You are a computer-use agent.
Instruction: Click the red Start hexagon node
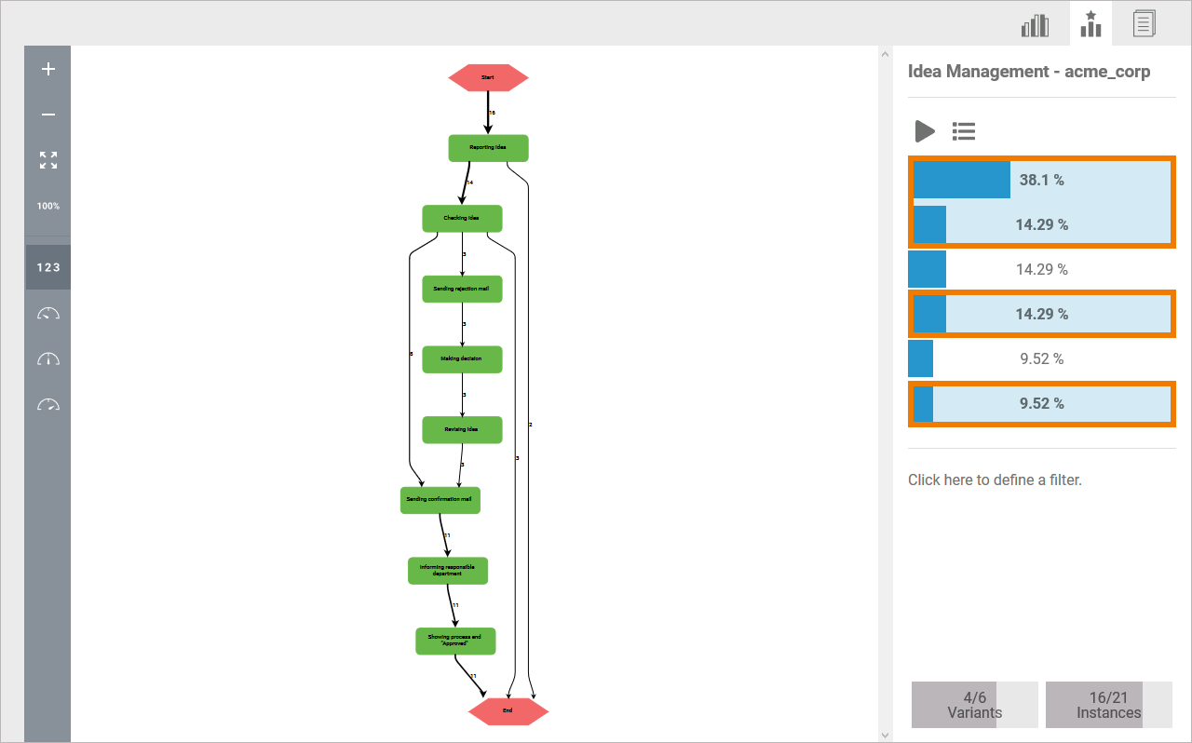click(x=488, y=77)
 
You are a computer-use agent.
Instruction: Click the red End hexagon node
click(x=508, y=710)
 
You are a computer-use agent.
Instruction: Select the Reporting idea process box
click(x=488, y=148)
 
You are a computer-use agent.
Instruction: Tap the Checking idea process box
click(x=462, y=218)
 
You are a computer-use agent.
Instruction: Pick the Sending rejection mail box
click(x=462, y=289)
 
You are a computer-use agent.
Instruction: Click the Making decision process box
click(x=462, y=359)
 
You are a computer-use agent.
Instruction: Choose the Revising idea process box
click(x=462, y=429)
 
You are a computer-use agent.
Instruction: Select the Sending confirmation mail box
click(x=440, y=500)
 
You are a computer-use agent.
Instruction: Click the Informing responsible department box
click(x=447, y=571)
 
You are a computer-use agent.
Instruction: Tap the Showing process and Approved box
click(x=454, y=641)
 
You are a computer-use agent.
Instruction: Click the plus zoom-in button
click(x=48, y=69)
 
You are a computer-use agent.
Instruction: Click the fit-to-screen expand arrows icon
click(x=48, y=160)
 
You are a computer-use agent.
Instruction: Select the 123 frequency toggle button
click(x=48, y=267)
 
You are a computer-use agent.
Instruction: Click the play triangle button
click(x=924, y=131)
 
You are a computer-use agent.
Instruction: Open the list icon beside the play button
click(x=964, y=131)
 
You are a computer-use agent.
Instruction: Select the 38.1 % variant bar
click(x=1041, y=180)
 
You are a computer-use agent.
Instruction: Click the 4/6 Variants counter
click(x=974, y=705)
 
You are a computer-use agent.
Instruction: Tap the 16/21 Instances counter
click(x=1108, y=705)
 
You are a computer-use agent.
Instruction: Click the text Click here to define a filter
click(x=995, y=480)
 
